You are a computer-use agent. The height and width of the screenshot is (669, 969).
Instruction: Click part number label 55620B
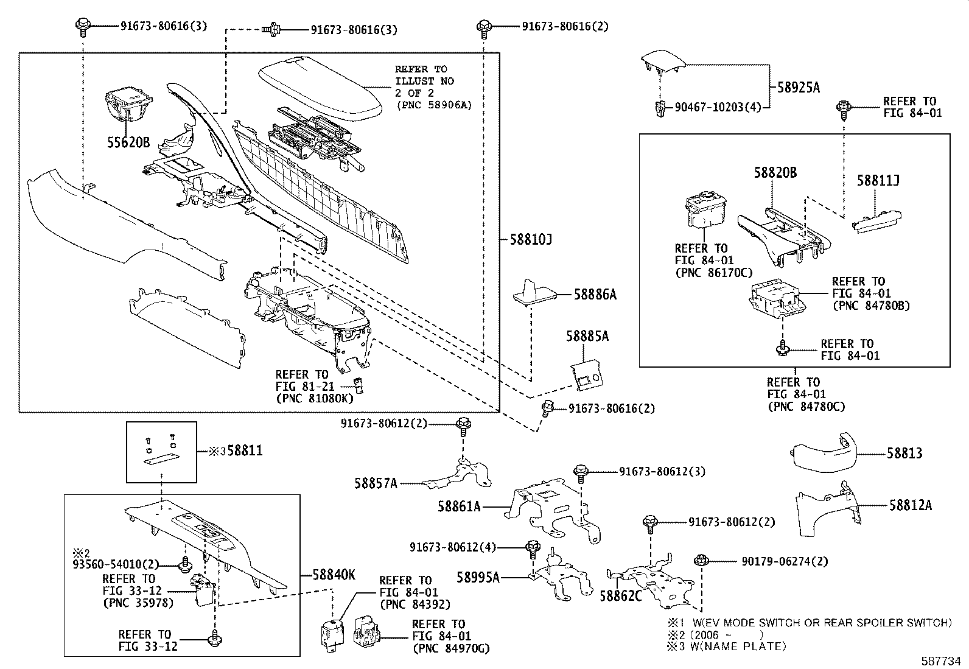(x=128, y=143)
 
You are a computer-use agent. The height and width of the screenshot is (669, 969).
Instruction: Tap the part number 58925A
(x=798, y=88)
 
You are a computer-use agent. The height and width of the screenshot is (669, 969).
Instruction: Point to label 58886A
(x=595, y=295)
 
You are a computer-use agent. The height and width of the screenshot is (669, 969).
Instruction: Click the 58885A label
(x=587, y=336)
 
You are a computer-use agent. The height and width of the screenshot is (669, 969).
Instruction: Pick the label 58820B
(x=775, y=173)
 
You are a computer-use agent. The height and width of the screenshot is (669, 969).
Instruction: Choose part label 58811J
(x=878, y=181)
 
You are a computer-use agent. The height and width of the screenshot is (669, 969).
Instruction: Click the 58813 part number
(x=904, y=454)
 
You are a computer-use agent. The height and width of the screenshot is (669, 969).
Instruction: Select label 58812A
(x=910, y=505)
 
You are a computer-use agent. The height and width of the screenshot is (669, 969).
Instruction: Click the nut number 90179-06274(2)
(x=776, y=561)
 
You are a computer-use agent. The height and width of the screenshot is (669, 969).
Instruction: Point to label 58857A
(x=376, y=483)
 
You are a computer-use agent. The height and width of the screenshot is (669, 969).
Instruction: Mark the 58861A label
(x=458, y=506)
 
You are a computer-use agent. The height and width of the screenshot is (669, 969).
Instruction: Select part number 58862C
(x=620, y=596)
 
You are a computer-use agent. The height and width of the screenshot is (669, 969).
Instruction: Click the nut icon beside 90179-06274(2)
(x=700, y=559)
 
